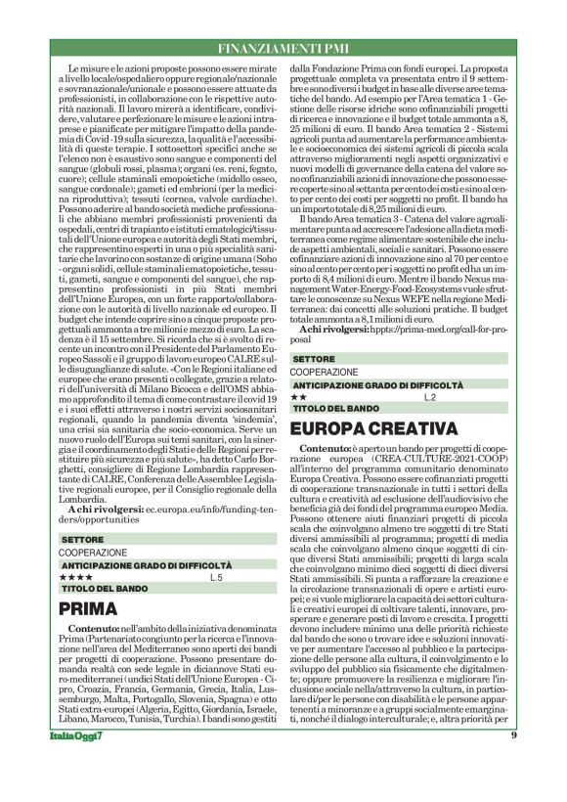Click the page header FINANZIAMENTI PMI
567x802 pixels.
283,48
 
